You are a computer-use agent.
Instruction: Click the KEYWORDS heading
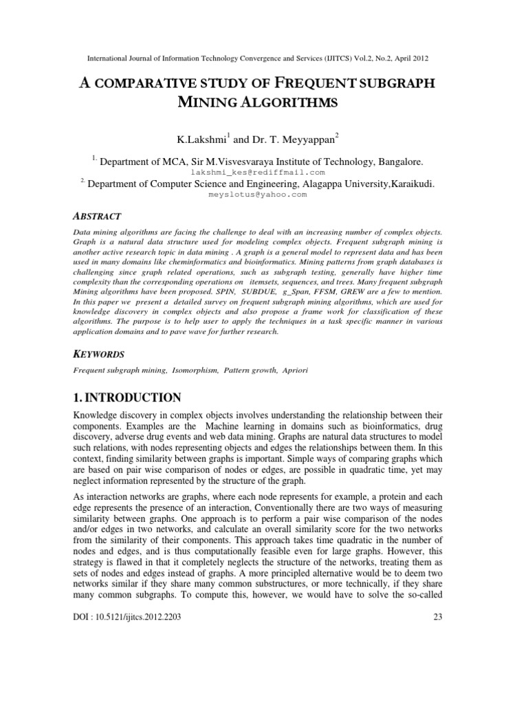coord(99,353)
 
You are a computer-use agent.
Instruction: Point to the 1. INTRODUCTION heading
coord(127,397)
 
